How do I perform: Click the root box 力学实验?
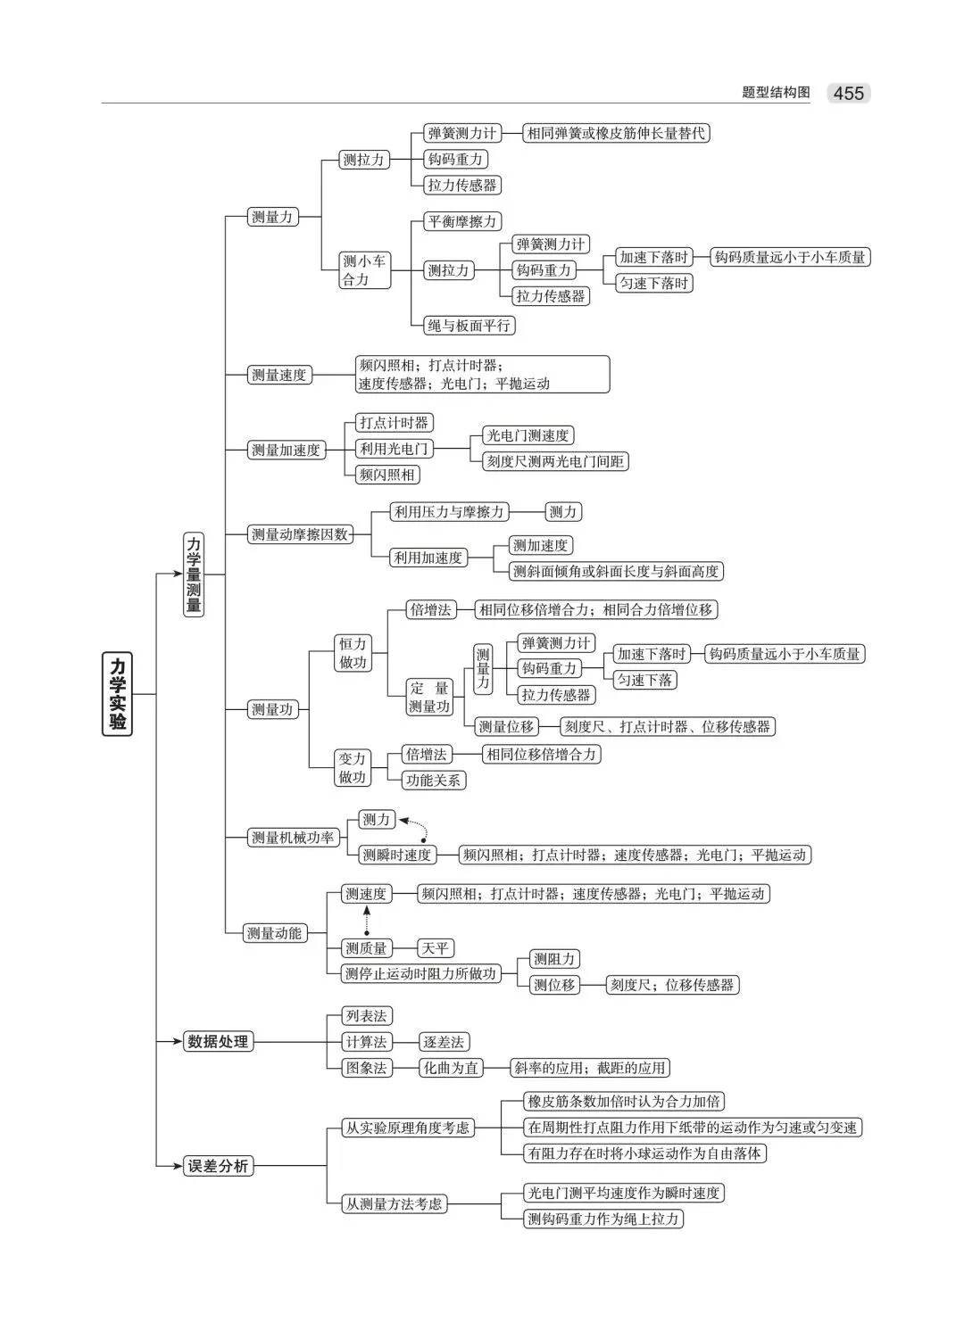coord(117,693)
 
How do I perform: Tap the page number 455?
coord(848,93)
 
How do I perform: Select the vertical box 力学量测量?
coord(194,574)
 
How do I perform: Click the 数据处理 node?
coord(218,1041)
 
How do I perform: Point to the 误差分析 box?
coord(218,1166)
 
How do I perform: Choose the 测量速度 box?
coord(278,375)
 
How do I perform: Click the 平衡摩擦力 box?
coord(461,221)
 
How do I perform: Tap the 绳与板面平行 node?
coord(468,326)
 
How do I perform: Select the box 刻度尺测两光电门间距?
coord(554,461)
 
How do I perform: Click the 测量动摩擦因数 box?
coord(299,534)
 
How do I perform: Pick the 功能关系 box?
coord(433,780)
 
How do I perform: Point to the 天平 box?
coord(436,948)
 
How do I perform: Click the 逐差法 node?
coord(444,1042)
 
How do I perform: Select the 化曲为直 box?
coord(451,1068)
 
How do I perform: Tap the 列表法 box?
coord(366,1016)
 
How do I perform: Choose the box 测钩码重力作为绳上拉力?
coord(603,1219)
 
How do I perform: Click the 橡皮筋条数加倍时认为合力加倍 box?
coord(624,1101)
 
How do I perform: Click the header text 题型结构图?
coord(776,93)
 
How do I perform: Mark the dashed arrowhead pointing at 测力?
coord(403,820)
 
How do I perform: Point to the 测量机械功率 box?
coord(293,838)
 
